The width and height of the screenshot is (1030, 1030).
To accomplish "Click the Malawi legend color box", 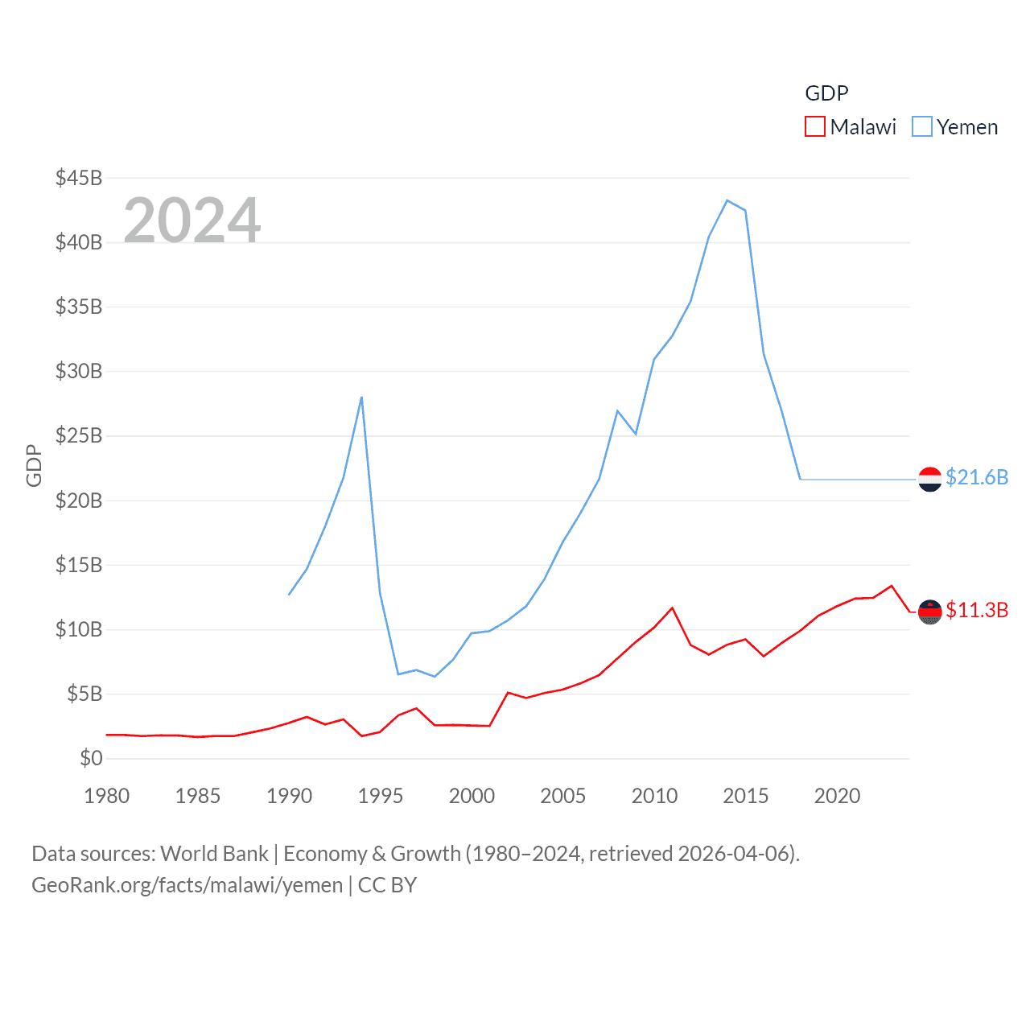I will pos(815,127).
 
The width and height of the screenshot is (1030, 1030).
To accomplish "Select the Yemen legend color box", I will pos(922,127).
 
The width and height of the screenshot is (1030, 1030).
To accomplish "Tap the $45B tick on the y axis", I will pos(78,178).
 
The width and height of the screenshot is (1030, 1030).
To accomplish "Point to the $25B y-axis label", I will pos(78,436).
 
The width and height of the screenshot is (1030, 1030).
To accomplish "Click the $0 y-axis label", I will pos(91,758).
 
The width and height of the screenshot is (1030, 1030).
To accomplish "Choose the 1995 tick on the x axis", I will pos(381,796).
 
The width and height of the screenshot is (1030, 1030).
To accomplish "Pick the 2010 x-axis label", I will pos(654,796).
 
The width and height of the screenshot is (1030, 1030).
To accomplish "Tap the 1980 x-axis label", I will pos(107,796).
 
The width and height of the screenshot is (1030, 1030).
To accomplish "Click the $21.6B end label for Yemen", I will pos(977,477).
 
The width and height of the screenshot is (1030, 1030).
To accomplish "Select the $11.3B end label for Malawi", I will pos(977,610).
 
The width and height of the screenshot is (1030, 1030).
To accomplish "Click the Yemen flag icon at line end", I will pos(930,480).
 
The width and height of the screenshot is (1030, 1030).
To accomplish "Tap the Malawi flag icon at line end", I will pos(930,612).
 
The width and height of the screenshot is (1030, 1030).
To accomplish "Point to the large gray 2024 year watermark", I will pos(192,220).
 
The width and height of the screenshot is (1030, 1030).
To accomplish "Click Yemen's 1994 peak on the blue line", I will pos(362,397).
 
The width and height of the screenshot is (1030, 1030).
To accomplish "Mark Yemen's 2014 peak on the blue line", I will pos(727,200).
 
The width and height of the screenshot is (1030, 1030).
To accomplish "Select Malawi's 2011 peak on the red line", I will pos(673,608).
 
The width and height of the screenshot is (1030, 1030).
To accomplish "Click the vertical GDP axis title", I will pos(34,465).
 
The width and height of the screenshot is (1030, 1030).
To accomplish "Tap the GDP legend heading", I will pos(826,93).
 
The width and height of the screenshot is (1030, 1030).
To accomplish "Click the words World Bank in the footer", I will pos(215,853).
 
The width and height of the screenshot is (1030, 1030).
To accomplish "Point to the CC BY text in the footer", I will pos(387,885).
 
